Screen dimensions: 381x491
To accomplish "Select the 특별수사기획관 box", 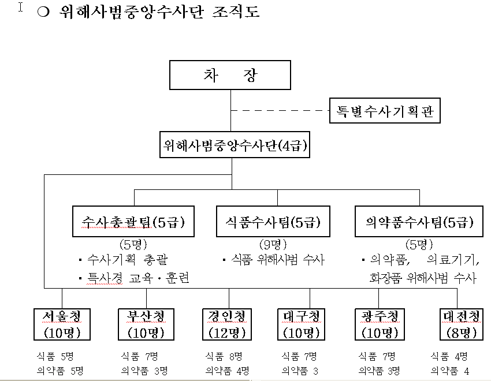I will coord(385,110).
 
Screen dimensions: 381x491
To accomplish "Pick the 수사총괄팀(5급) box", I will coord(133,221).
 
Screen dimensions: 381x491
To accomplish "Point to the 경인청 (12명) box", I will coord(227,324).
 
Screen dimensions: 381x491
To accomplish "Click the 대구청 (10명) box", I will coord(302,324).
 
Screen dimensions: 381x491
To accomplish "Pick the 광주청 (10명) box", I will coord(380,324).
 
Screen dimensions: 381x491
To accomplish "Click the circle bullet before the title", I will coord(41,12).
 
